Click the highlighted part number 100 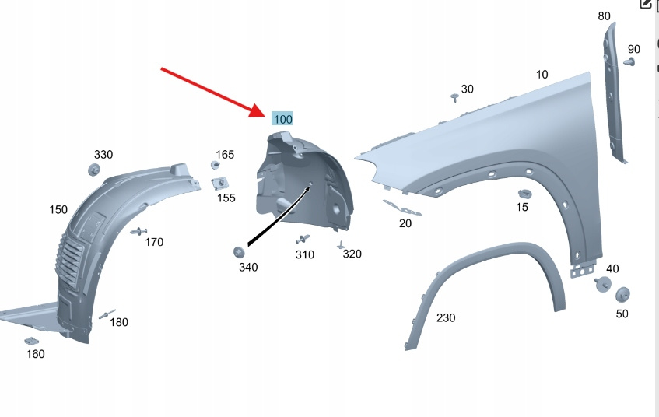click(x=282, y=119)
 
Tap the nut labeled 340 click(x=239, y=252)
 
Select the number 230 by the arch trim click(x=446, y=317)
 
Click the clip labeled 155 click(x=219, y=184)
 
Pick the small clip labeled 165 click(x=216, y=165)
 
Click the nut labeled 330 click(x=93, y=170)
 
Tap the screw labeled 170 click(x=138, y=232)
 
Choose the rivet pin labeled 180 click(x=107, y=314)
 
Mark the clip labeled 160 click(x=32, y=341)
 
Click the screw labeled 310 click(x=303, y=239)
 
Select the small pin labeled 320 click(x=341, y=244)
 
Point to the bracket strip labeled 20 click(x=402, y=208)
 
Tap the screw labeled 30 click(x=454, y=98)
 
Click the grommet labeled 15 click(x=524, y=194)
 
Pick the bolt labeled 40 click(x=604, y=284)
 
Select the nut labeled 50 click(x=622, y=295)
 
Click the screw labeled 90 click(x=629, y=63)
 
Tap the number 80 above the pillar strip click(x=604, y=16)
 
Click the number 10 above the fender click(x=542, y=75)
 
